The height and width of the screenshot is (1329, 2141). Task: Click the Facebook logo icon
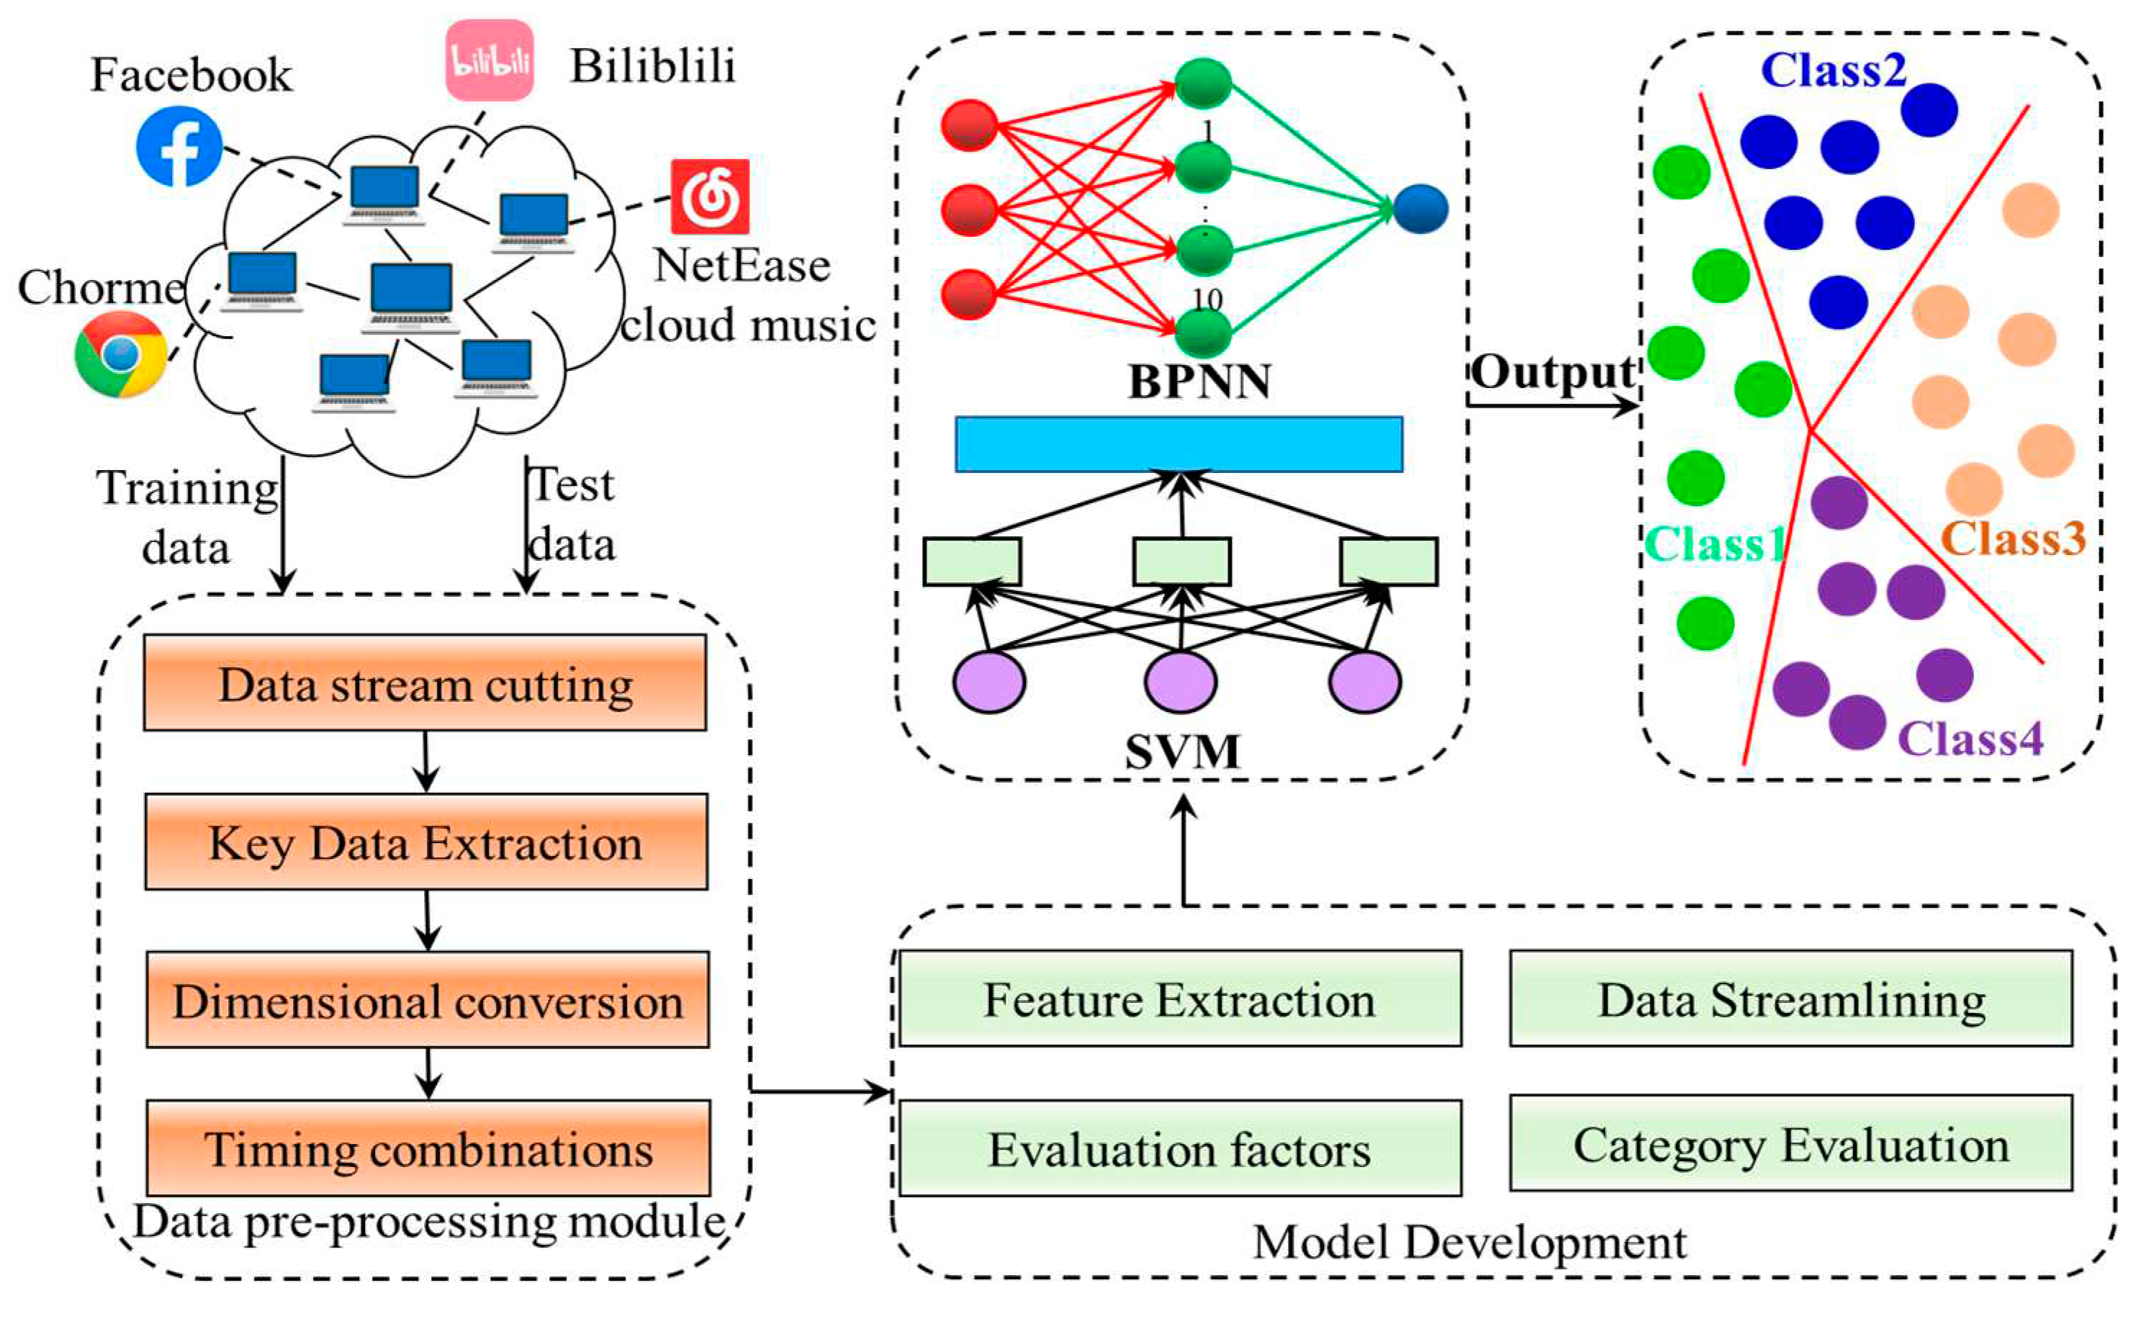179,147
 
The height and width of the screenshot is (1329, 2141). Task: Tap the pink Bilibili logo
490,60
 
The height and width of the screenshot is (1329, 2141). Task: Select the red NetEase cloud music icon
710,197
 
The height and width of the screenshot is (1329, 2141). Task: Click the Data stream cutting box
425,684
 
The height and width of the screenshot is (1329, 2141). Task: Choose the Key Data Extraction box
426,843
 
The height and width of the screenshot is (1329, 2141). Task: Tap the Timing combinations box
429,1148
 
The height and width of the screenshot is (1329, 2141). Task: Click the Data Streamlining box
1791,999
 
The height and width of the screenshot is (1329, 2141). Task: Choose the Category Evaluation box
1791,1145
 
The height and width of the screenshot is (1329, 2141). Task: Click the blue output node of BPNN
1420,210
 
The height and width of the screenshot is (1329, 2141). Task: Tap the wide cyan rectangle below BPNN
1179,445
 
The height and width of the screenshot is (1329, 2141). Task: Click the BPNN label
1199,382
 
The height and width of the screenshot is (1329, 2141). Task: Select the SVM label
1183,752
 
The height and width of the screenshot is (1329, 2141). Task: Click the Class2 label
1834,71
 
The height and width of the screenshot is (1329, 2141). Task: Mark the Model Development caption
1469,1243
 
